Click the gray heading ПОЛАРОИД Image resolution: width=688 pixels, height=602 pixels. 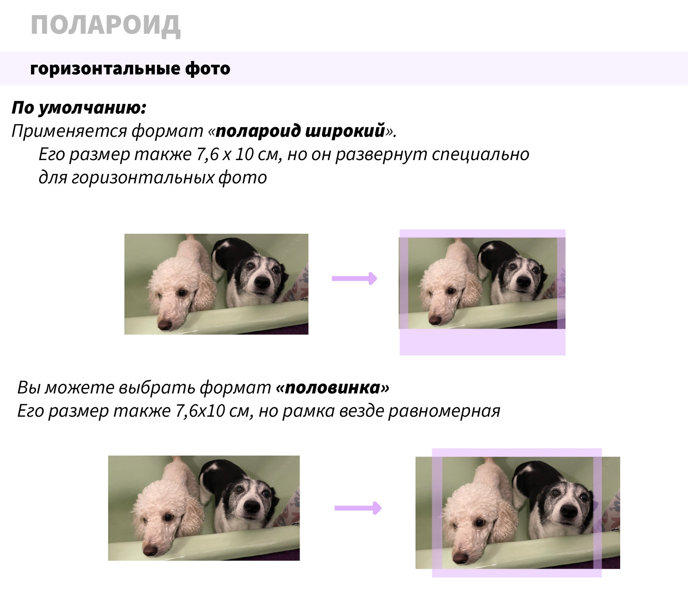(105, 26)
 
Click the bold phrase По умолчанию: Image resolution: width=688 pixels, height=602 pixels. (79, 108)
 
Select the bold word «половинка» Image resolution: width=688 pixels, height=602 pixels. (333, 388)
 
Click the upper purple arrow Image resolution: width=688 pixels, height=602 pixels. (354, 278)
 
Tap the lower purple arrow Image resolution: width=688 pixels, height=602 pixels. (358, 508)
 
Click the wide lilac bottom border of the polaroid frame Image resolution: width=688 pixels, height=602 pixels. (483, 342)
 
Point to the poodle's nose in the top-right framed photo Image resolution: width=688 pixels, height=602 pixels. (435, 320)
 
